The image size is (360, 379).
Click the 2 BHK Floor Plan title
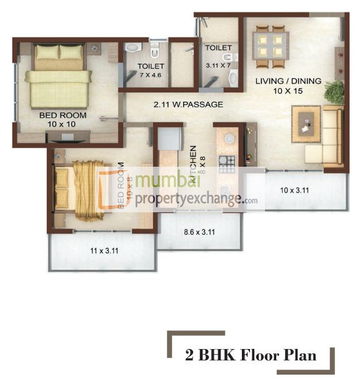pos(250,356)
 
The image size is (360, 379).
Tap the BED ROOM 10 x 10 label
pos(60,120)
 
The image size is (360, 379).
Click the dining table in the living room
pos(269,46)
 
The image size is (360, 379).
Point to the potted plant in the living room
pos(334,93)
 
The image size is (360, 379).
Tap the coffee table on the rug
pos(307,123)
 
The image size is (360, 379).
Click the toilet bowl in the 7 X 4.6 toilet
pos(132,47)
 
